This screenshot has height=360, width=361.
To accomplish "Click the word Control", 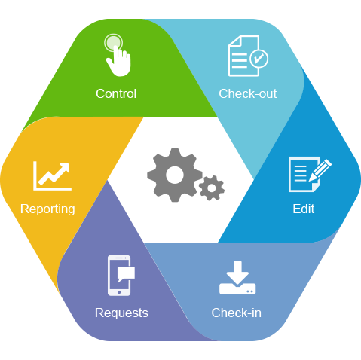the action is coord(116,93).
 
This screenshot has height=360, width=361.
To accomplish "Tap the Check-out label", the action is coord(248,93).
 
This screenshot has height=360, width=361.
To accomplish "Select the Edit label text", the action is coord(304,209).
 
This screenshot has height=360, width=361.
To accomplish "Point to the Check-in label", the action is coord(237,313).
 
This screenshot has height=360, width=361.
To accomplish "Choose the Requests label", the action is coord(121,313).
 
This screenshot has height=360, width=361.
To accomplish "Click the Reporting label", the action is coord(47,209).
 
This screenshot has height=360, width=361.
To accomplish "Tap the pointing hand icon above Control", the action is coord(118,55).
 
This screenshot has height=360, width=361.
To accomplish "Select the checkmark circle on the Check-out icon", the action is coord(259,59).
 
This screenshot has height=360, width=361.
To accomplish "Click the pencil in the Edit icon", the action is coord(320,169).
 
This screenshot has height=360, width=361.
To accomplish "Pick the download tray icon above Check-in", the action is coord(237,278).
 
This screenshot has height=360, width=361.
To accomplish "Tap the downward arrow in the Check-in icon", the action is coord(237,272).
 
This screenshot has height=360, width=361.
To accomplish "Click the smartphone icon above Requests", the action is coord(119,276).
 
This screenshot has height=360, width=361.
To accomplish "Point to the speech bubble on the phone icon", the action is coord(126,274).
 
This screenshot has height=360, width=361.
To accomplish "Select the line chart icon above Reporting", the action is coord(52,175).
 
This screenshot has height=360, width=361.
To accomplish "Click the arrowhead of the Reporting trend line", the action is coord(64,168).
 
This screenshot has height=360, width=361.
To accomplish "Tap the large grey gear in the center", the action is coord(175,175).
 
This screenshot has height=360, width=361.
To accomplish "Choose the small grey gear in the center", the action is coord(212,188).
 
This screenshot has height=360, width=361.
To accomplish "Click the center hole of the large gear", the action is coord(175,175).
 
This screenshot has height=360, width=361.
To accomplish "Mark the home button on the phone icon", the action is coord(119,292).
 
